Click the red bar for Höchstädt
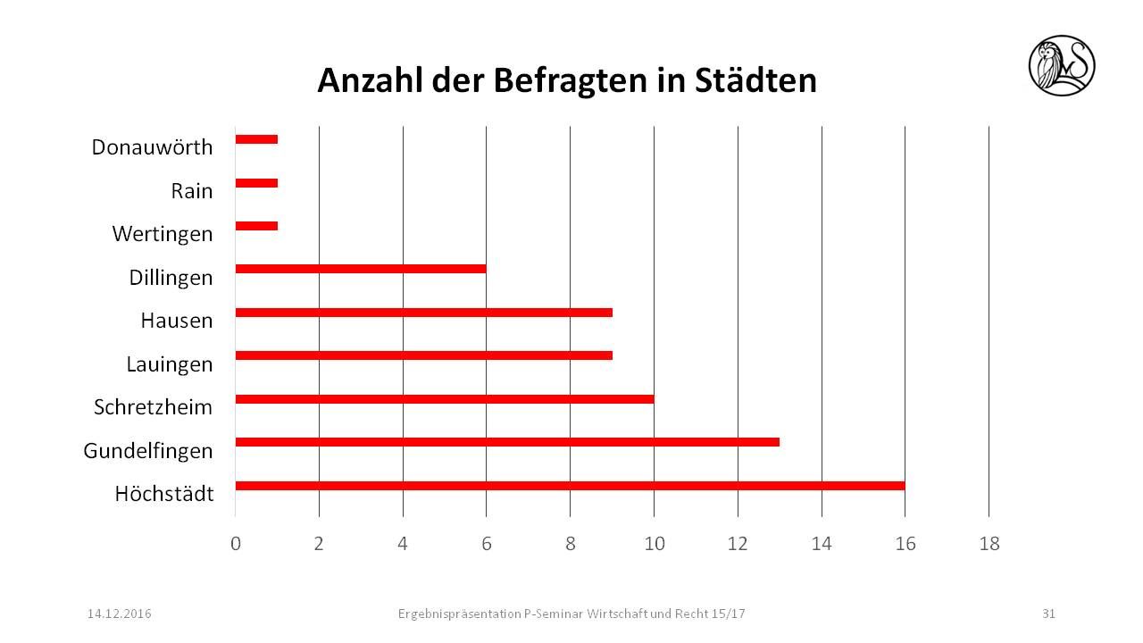point(570,486)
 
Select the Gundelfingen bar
point(507,442)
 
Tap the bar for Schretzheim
point(444,399)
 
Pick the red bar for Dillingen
point(361,269)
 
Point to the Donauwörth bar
point(256,139)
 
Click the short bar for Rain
point(256,183)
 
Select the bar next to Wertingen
point(256,226)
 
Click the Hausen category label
point(177,321)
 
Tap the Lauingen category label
point(170,364)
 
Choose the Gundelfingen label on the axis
point(148,451)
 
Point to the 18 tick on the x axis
point(989,544)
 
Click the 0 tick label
point(235,544)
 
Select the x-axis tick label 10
point(655,544)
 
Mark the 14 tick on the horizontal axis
point(822,544)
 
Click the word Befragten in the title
point(546,81)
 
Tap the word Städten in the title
point(755,81)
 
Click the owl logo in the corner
point(1062,65)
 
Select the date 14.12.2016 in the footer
point(120,614)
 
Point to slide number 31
point(1048,614)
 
